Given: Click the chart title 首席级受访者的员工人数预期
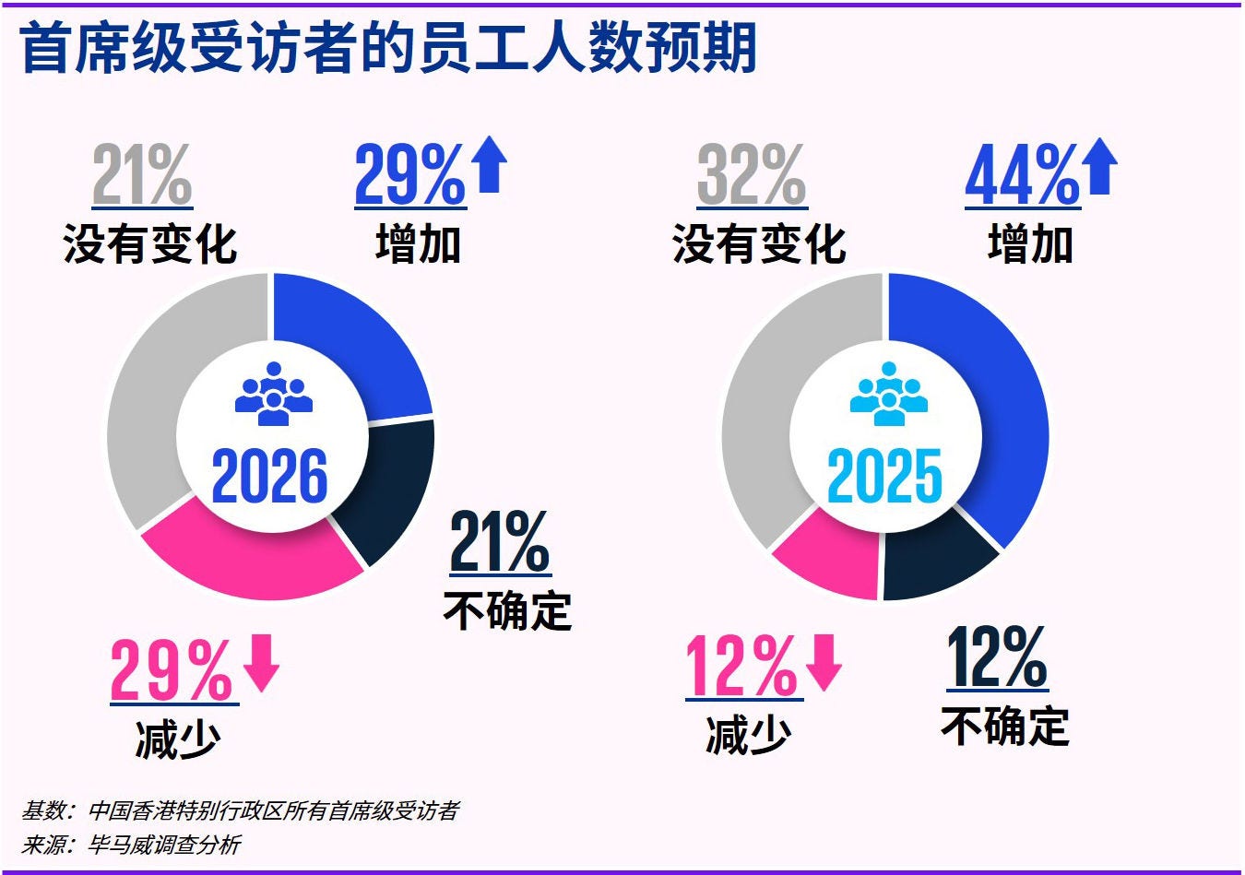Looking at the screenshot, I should [387, 48].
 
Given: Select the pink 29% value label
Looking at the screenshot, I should [172, 670].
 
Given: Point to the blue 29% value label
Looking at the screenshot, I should [409, 175].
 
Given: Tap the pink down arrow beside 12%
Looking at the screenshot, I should [823, 662].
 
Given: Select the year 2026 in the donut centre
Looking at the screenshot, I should [269, 477].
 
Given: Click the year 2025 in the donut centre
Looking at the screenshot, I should [884, 477].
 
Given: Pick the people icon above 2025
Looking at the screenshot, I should [887, 395].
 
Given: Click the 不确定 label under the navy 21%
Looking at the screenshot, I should [507, 610].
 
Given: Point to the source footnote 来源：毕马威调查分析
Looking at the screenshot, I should [131, 845].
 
